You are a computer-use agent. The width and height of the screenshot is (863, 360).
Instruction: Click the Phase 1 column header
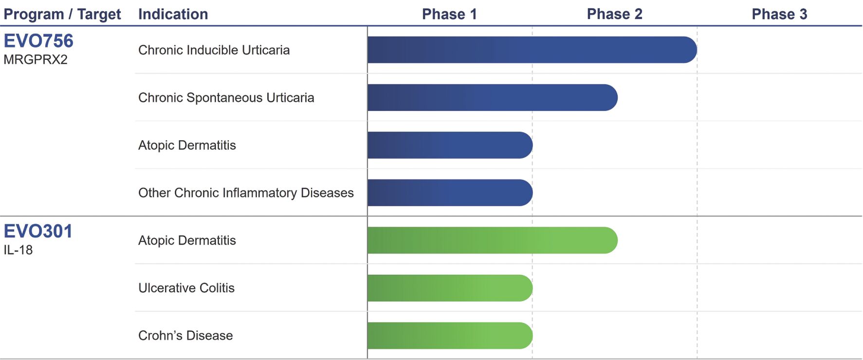(449, 14)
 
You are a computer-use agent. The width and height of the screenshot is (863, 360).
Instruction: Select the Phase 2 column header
(614, 14)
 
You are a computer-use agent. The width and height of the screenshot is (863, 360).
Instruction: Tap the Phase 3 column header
(779, 14)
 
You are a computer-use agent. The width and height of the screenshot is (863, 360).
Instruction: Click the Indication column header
(173, 14)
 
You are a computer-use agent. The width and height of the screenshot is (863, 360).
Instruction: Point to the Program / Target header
(62, 14)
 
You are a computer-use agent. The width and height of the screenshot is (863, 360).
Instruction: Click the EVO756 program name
(38, 41)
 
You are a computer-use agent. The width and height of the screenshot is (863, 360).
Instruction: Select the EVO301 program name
(38, 231)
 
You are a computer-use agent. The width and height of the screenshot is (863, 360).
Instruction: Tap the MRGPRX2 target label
(36, 59)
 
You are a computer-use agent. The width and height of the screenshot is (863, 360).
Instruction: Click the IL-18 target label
(18, 250)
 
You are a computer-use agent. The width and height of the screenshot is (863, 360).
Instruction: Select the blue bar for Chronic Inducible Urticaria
(532, 50)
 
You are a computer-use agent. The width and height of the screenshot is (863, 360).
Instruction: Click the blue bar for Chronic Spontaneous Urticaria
(492, 97)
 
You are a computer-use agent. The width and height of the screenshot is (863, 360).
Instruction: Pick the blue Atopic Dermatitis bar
(450, 145)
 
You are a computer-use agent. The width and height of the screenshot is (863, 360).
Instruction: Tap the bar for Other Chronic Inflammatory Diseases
(450, 193)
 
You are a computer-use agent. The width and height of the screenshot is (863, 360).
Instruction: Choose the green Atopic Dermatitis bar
(492, 240)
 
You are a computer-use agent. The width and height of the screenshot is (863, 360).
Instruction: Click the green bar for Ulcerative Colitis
(450, 288)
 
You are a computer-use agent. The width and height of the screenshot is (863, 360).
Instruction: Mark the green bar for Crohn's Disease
(450, 336)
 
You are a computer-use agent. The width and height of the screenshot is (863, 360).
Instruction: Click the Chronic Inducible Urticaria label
(214, 50)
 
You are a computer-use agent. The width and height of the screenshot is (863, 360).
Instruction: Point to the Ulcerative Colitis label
(186, 288)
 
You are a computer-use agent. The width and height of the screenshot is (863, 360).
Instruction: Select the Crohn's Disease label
(185, 336)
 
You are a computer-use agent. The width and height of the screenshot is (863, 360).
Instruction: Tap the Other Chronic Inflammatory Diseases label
(246, 193)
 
